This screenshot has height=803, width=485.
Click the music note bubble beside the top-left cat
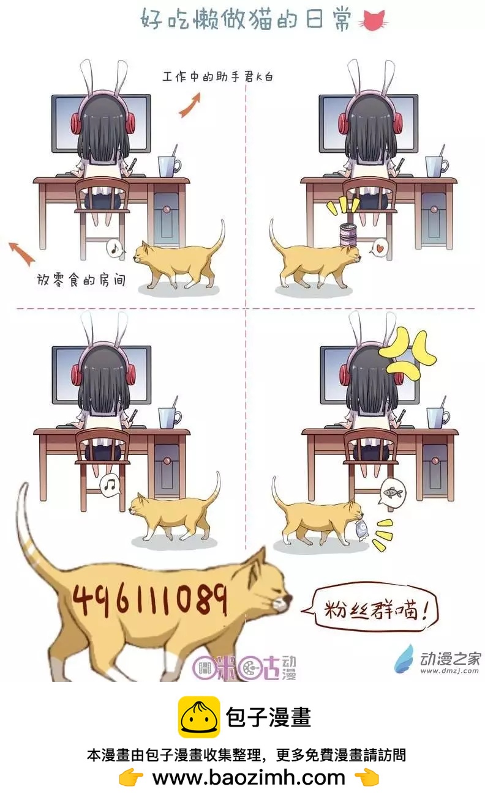pos(115,248)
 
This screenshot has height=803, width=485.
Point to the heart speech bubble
pos(380,249)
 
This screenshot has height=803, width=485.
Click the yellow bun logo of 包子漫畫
pos(200,717)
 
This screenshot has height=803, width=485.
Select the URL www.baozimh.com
pos(248,777)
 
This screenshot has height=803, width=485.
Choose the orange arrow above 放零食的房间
pos(21,253)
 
